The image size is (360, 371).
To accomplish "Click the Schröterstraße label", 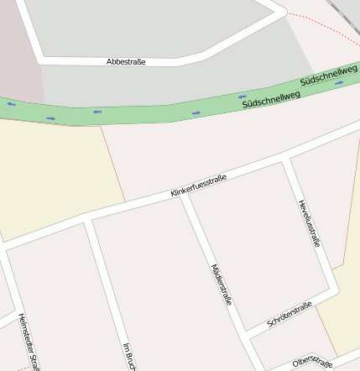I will point(290,314).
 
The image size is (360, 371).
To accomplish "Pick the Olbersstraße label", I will point(313,362).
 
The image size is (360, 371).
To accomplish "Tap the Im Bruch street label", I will point(128,356).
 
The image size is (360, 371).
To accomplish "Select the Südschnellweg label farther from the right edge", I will point(271,99).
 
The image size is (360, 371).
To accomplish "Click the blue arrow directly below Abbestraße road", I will point(97,111).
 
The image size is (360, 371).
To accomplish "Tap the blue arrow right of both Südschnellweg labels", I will point(339,83).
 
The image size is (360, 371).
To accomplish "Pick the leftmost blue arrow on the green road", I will point(12,104).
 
